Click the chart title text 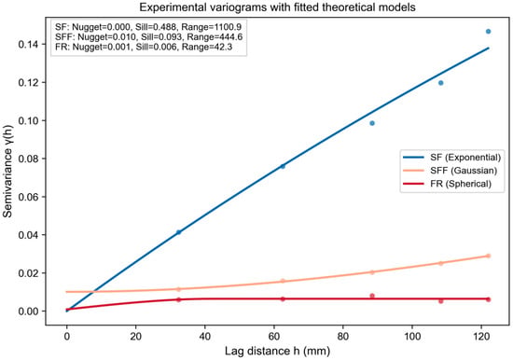click(x=277, y=7)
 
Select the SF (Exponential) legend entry click(x=451, y=158)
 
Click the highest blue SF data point click(x=488, y=32)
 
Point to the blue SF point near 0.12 click(x=440, y=83)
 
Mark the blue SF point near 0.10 click(x=372, y=123)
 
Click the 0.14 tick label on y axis click(x=29, y=44)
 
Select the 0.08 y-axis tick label click(x=29, y=159)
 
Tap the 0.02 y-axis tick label click(x=29, y=273)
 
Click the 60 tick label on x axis click(x=274, y=336)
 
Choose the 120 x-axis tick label click(x=481, y=336)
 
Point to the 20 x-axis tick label click(x=136, y=336)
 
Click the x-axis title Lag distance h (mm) click(x=277, y=352)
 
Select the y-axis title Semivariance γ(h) click(x=7, y=171)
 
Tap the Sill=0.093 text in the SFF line click(x=161, y=36)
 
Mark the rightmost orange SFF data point click(x=488, y=256)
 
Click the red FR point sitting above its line click(x=372, y=296)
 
